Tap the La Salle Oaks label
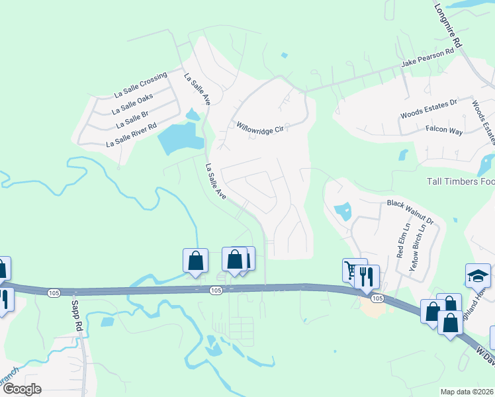click(x=133, y=103)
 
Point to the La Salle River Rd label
click(x=132, y=135)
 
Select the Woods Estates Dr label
click(x=429, y=109)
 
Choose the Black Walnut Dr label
click(x=410, y=210)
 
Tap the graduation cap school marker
click(x=478, y=274)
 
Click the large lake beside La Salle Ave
click(x=179, y=138)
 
